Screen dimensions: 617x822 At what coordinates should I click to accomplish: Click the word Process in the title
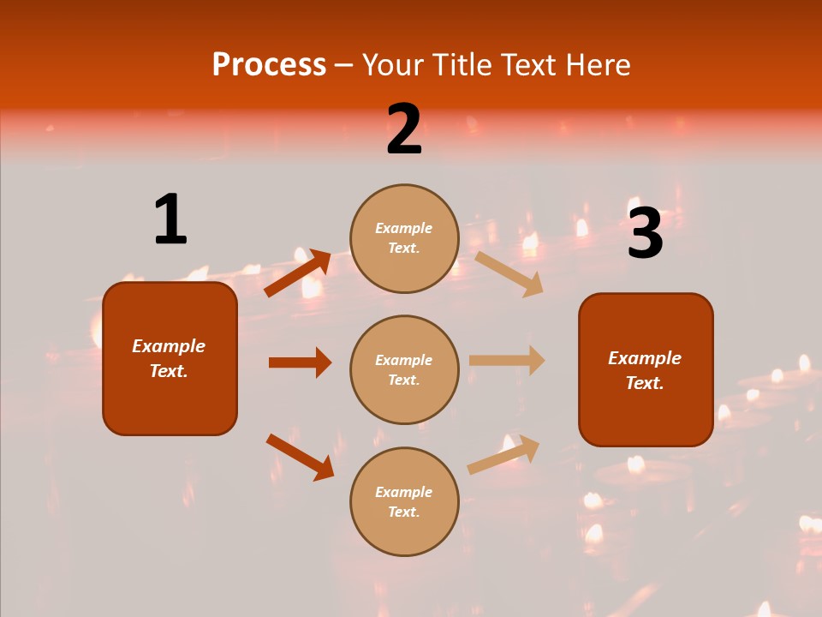point(269,65)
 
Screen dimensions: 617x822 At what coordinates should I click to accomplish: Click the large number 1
point(170,219)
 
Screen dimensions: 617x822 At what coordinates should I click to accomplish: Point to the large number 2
point(404,129)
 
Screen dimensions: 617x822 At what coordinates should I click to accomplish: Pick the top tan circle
point(404,238)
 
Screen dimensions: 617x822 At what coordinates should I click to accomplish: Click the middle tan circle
point(404,369)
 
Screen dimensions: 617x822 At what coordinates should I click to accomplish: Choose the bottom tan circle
point(404,501)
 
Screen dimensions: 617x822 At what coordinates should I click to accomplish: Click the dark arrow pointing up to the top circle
point(298,273)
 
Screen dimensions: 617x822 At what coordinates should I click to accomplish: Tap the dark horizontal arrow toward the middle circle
point(300,362)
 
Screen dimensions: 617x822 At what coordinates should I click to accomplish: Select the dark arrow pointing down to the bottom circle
point(300,456)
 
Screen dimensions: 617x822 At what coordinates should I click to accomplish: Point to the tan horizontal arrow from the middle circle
point(507,361)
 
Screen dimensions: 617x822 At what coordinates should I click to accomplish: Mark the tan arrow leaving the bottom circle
point(503,454)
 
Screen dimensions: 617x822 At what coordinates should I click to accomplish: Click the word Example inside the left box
point(169,346)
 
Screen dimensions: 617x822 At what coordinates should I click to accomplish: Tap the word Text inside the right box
point(644,383)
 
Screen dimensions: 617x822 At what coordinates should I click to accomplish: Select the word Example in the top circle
point(404,228)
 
